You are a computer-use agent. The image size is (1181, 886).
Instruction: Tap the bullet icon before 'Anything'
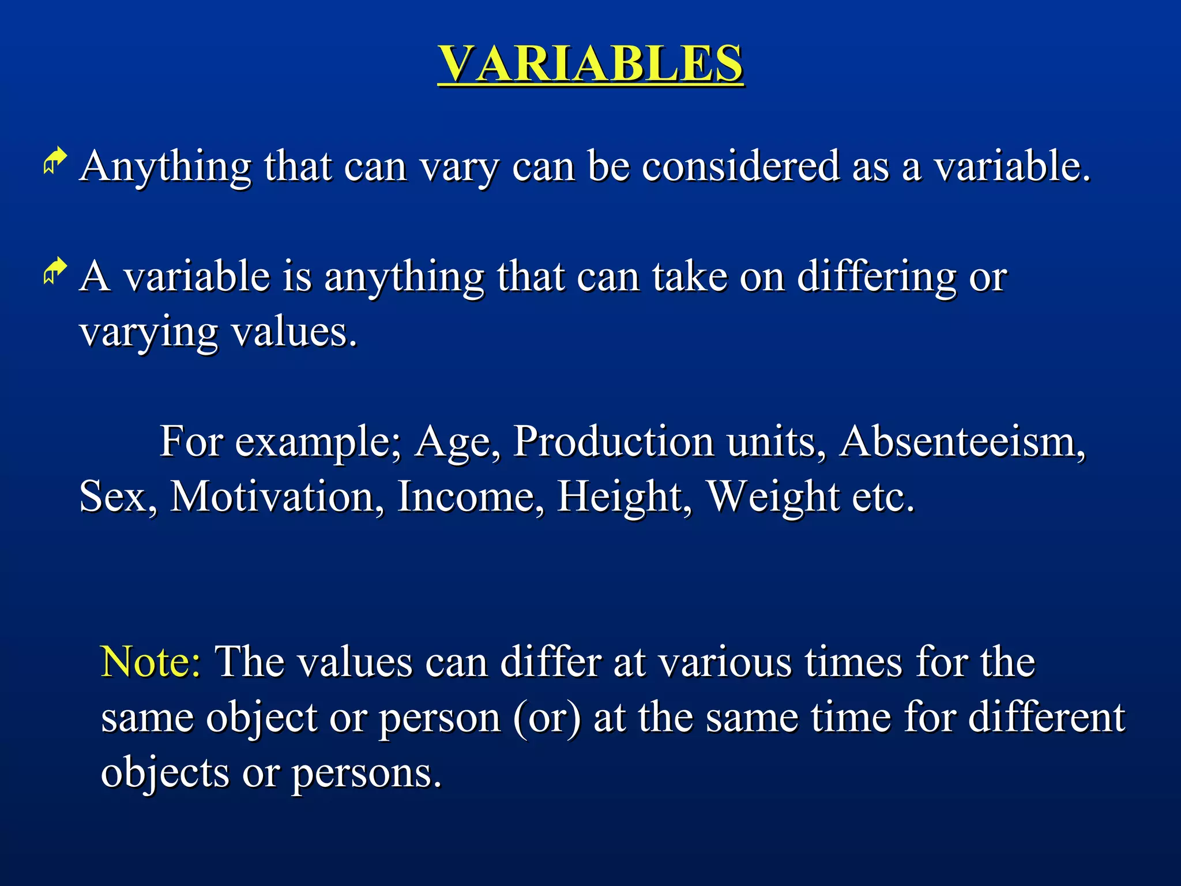point(55,161)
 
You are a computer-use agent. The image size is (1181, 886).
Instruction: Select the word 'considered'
point(740,166)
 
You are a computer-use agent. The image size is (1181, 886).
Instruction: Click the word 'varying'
point(149,333)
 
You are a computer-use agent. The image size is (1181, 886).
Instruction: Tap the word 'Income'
point(471,497)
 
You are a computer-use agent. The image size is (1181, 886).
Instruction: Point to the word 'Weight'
point(773,497)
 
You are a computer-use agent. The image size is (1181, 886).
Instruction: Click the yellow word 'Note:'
point(151,662)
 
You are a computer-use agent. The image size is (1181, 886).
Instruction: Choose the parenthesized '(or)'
point(547,718)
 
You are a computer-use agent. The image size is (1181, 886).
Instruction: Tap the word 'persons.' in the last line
point(366,774)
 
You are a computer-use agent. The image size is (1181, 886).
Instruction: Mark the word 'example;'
point(318,443)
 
